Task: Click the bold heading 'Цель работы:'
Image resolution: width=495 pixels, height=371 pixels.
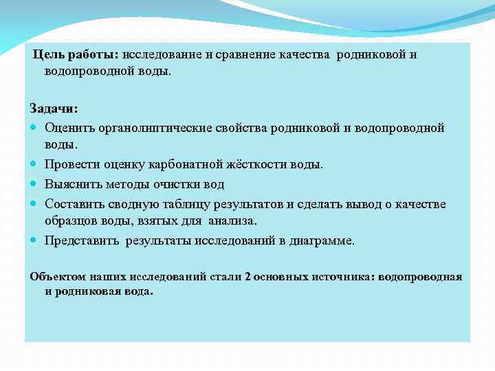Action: (76, 55)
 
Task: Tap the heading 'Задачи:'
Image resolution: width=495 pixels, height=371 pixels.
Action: (54, 109)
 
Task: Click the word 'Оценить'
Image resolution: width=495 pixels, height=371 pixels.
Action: (67, 128)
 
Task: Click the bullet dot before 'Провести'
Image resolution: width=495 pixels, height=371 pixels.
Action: (34, 165)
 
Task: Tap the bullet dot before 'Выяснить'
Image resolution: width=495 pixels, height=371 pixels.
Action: (34, 184)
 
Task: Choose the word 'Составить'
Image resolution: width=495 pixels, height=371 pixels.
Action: (73, 204)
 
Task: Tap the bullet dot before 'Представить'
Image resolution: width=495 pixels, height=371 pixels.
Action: (34, 240)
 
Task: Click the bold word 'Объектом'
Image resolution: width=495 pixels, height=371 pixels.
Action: (58, 276)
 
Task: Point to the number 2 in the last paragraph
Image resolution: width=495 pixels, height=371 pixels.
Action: (247, 276)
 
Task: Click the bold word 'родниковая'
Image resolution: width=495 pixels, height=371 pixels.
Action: (90, 291)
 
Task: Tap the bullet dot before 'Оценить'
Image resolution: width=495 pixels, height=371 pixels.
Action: (34, 128)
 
